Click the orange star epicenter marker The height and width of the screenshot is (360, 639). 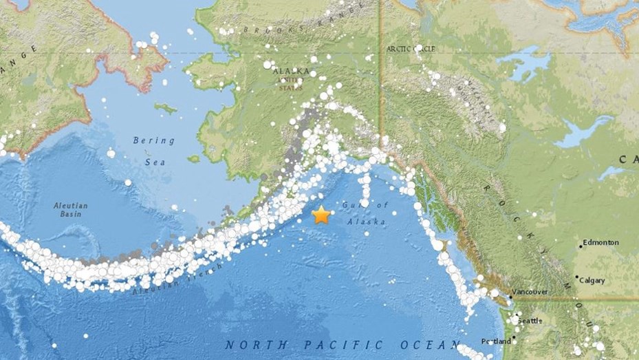tap(321, 215)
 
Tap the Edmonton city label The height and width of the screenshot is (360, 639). tap(602, 243)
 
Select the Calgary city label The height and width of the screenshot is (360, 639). tap(592, 280)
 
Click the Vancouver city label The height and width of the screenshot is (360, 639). tap(530, 292)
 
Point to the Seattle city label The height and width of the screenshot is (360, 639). tap(531, 321)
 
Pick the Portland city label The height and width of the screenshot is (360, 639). tap(497, 341)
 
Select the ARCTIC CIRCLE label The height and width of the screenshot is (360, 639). tap(411, 49)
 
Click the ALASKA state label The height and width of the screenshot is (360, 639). tap(291, 71)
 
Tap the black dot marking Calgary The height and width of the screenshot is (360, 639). tap(577, 280)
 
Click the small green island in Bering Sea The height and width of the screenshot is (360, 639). tap(166, 108)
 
